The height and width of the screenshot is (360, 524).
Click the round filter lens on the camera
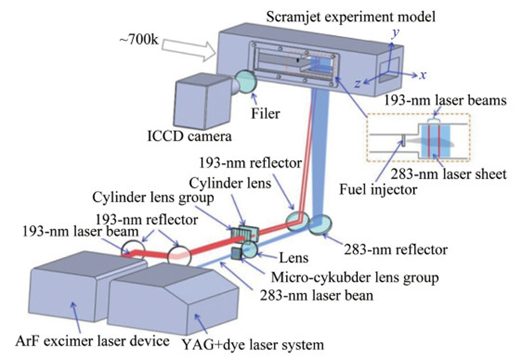246,82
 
